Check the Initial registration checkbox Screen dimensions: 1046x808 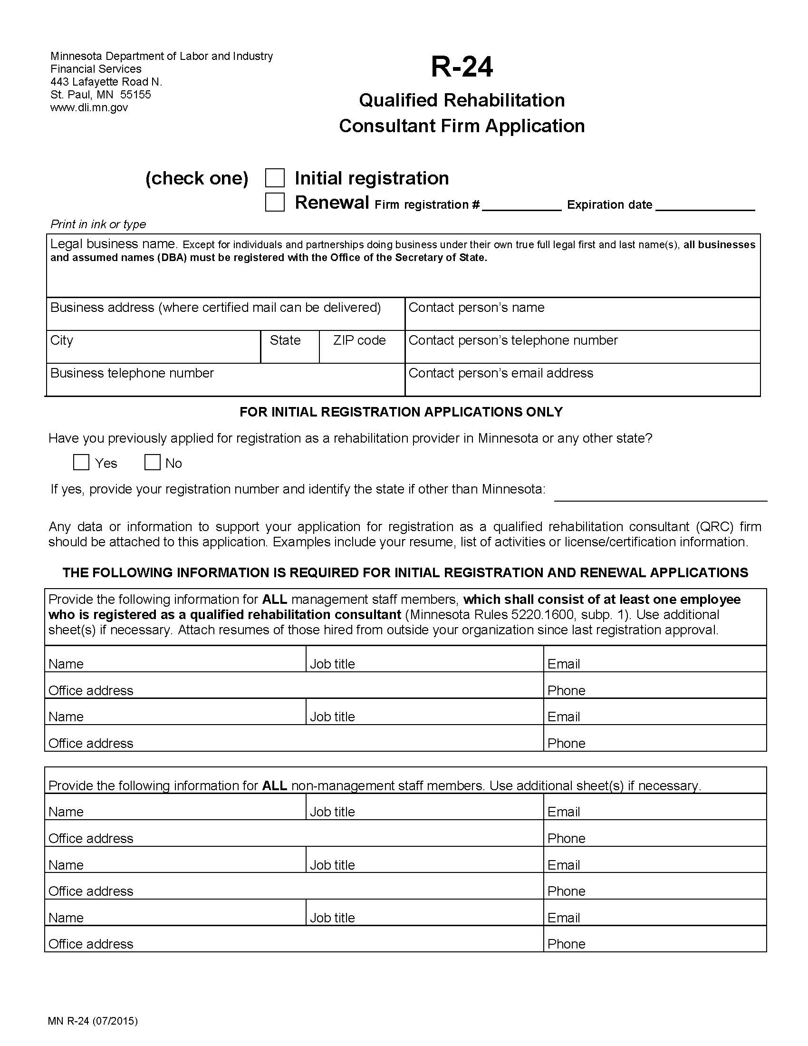pos(275,178)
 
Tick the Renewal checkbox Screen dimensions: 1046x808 pos(275,202)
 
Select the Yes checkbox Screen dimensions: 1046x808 pos(81,463)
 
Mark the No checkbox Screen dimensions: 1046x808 pos(152,463)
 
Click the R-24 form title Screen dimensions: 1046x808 pos(462,67)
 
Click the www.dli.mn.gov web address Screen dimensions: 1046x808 pos(89,107)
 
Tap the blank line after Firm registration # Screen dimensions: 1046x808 pos(522,206)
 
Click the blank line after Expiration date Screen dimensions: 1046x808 pos(704,206)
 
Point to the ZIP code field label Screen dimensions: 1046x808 pos(359,340)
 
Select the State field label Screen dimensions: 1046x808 pos(285,340)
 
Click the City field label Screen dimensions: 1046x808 pos(62,340)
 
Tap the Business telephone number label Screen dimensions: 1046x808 pos(132,373)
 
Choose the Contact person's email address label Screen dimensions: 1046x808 pos(500,373)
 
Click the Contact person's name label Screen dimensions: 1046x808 pos(476,308)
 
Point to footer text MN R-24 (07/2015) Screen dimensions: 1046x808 pos(93,1021)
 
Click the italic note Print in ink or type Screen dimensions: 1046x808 pos(98,224)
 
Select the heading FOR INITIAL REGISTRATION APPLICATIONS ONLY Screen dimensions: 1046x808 pos(401,412)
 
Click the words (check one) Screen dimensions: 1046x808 pos(197,178)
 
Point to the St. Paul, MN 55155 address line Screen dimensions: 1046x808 pos(100,94)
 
